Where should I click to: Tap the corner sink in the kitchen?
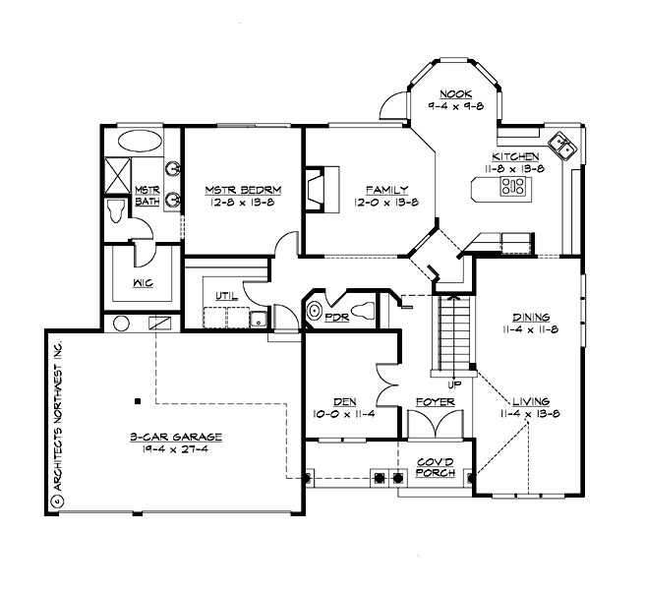(560, 146)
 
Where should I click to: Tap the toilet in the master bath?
(116, 208)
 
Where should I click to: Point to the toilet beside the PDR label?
(364, 311)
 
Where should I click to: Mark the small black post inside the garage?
(138, 401)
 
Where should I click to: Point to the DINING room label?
(530, 317)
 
